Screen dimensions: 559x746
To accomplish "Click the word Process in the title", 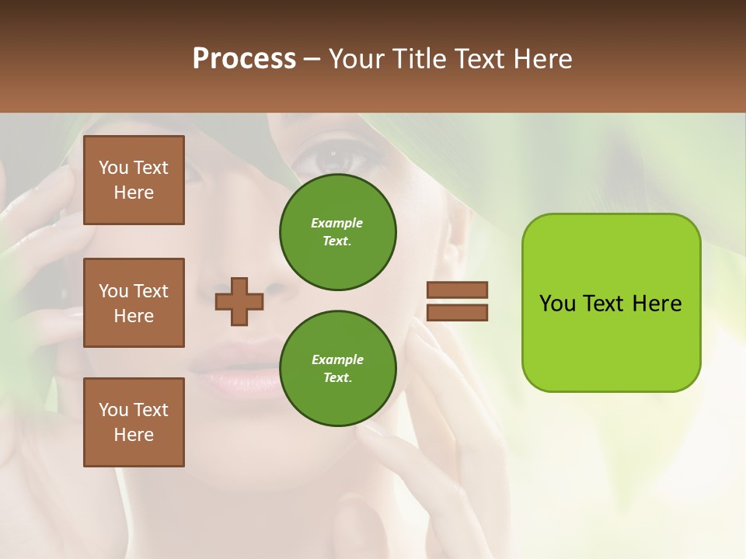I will click(244, 59).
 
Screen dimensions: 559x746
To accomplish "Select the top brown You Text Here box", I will click(134, 180).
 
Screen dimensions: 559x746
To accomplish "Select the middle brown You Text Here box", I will click(134, 303).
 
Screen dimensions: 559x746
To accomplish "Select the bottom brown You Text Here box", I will click(134, 422).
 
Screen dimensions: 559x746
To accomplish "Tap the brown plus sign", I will click(239, 301).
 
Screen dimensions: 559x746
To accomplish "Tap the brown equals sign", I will click(457, 301).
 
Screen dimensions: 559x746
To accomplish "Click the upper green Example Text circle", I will click(338, 232).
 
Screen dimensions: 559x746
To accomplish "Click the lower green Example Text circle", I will click(338, 369).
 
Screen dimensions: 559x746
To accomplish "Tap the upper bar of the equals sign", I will click(457, 290).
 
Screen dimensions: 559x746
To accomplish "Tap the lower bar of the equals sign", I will click(457, 312).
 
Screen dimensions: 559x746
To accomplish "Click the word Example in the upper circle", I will click(336, 223).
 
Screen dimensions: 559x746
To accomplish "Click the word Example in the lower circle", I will click(337, 359).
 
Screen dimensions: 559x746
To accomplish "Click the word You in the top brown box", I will click(113, 168).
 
